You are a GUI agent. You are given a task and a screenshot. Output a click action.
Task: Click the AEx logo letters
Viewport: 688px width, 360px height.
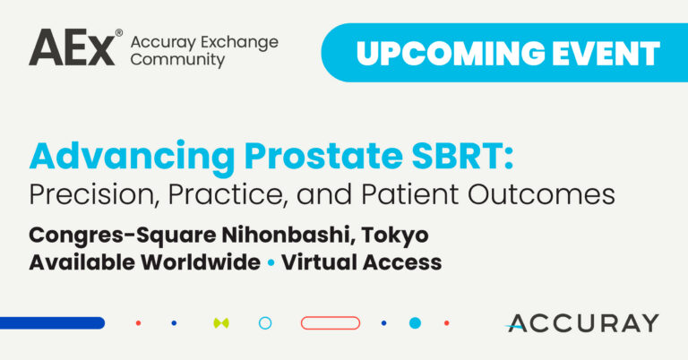73,47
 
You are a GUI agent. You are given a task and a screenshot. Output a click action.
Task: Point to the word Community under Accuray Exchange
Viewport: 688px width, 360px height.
177,60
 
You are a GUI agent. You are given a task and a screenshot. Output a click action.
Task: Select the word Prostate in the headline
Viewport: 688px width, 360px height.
323,157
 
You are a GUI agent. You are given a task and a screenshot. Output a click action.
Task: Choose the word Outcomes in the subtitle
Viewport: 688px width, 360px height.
541,194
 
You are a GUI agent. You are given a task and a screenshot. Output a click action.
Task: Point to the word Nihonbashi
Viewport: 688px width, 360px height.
288,235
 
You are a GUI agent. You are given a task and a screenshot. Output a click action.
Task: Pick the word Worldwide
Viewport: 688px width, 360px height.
201,262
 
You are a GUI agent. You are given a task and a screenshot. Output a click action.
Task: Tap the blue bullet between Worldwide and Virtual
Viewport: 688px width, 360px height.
271,263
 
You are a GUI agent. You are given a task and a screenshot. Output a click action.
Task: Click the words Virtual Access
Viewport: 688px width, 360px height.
362,262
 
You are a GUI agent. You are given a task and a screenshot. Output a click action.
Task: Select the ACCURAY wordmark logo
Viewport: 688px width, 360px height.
581,323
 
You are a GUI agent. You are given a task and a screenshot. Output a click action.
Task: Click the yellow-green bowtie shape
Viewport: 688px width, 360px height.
221,323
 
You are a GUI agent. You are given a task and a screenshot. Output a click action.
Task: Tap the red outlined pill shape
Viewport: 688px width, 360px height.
331,323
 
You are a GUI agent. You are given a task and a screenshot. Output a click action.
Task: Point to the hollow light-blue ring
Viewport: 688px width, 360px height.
265,317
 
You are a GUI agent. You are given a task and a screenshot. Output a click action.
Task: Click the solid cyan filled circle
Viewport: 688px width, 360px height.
415,323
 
